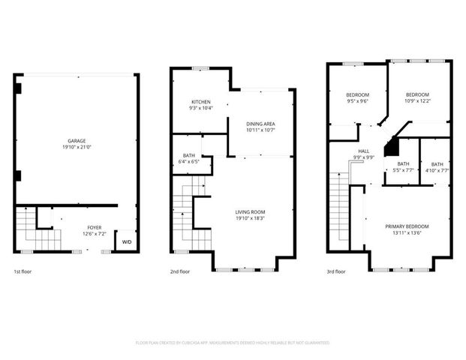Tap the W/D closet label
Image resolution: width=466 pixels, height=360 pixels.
126,242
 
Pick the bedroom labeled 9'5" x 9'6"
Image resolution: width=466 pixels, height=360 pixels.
356,97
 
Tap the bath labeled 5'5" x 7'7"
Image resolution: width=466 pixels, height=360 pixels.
403,167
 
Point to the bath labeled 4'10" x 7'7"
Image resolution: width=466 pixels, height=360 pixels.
437,167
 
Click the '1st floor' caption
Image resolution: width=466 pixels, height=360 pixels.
23,272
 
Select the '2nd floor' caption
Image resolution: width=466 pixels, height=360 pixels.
179,272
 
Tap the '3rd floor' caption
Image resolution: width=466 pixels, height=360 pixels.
335,272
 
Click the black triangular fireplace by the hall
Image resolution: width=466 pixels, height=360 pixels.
391,148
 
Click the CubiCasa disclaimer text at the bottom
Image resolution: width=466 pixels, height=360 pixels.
233,343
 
